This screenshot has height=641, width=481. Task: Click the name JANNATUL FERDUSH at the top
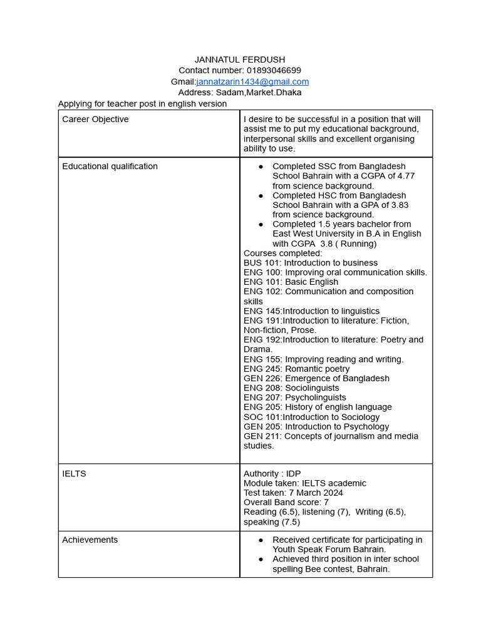240,59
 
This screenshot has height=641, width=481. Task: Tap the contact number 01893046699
274,71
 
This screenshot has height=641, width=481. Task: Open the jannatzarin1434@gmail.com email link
252,82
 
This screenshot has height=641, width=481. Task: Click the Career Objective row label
95,119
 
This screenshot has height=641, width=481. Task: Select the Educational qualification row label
110,167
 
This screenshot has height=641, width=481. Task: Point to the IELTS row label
74,474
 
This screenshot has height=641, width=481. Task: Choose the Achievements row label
90,540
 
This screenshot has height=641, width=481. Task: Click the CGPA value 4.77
404,176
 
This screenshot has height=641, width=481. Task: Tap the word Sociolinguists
312,388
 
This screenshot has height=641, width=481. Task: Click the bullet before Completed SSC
261,167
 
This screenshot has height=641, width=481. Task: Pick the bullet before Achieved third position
261,559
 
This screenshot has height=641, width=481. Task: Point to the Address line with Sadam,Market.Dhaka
240,93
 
